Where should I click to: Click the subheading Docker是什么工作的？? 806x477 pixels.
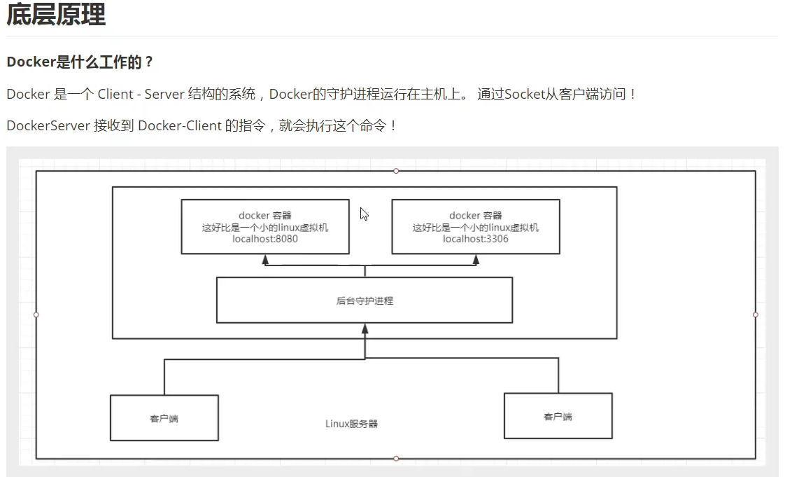click(x=80, y=62)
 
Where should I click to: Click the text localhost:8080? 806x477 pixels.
click(x=265, y=239)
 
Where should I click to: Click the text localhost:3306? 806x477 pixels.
click(x=476, y=239)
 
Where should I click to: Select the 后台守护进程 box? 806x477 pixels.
click(x=365, y=300)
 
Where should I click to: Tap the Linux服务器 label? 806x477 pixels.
click(x=352, y=424)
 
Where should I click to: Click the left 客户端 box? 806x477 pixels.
click(x=164, y=418)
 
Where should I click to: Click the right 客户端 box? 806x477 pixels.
click(x=558, y=416)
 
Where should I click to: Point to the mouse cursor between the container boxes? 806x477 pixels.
click(x=364, y=214)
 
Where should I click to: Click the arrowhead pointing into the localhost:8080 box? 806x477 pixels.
click(x=265, y=259)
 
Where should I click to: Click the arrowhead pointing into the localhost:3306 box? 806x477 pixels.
click(x=476, y=259)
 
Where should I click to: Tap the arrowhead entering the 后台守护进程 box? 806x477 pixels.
click(x=365, y=328)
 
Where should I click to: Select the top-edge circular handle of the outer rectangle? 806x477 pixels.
click(x=396, y=171)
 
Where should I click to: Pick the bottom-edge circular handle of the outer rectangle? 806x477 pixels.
click(x=396, y=459)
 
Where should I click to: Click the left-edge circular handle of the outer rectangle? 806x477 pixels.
click(x=36, y=314)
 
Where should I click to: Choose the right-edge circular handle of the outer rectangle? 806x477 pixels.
click(x=756, y=314)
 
